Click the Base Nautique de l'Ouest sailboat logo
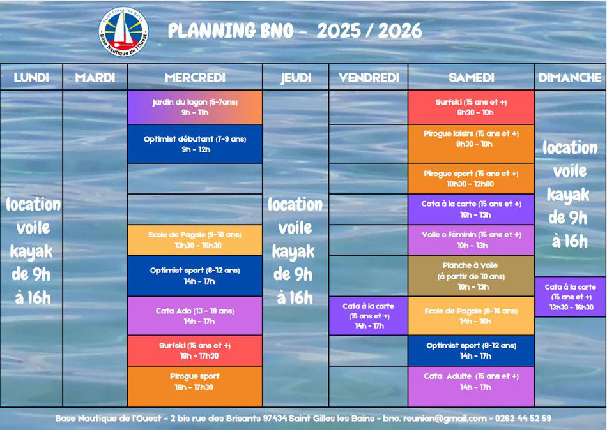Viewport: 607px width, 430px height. tap(123, 31)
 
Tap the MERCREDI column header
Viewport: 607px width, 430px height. tap(195, 77)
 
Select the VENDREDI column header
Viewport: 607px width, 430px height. tap(369, 77)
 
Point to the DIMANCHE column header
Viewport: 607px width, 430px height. tap(570, 77)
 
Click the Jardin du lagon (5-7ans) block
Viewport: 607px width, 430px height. tap(195, 107)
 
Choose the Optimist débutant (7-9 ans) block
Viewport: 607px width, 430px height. tap(195, 144)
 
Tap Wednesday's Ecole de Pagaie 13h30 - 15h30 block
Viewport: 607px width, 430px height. tap(195, 240)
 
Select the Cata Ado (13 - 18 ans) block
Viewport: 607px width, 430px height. tap(195, 316)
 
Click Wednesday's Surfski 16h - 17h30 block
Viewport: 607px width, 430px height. tap(195, 350)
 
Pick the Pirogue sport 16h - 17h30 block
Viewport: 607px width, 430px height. tap(195, 387)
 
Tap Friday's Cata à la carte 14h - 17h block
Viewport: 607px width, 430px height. tap(368, 316)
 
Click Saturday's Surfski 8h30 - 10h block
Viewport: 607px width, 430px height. tap(471, 107)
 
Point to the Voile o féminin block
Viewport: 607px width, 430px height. tap(471, 240)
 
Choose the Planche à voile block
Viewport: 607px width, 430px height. tap(471, 276)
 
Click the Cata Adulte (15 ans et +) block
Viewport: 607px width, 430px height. tap(471, 387)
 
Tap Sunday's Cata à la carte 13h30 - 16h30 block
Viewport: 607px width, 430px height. tap(570, 297)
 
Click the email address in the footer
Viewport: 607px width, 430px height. tap(434, 419)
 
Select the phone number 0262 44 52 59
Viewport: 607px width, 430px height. tap(523, 418)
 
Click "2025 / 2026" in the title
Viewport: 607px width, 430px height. tap(369, 31)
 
